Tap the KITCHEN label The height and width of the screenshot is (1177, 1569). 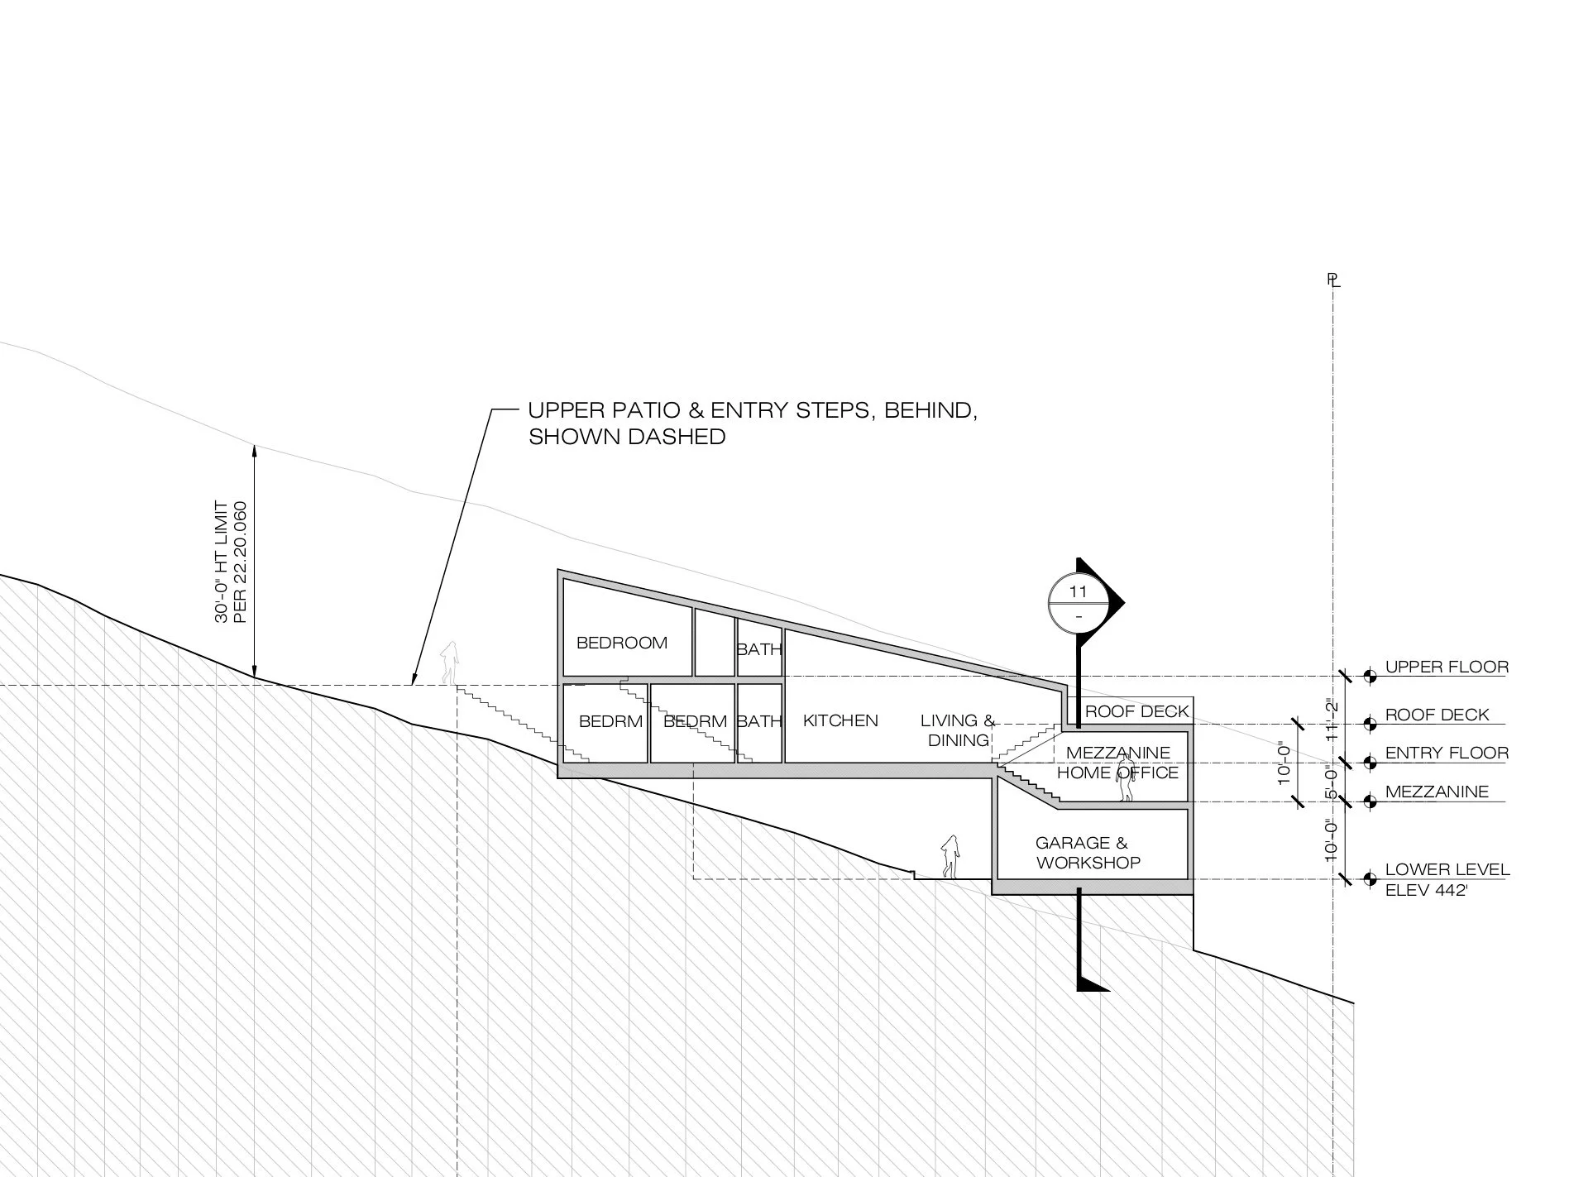point(840,720)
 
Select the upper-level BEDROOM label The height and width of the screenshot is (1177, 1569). point(621,643)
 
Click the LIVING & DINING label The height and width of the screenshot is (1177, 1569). point(958,730)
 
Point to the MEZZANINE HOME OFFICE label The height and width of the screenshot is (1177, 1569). point(1117,763)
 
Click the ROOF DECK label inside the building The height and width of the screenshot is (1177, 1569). point(1136,711)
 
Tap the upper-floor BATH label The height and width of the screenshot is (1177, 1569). point(759,649)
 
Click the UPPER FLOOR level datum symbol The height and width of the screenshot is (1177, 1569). point(1370,677)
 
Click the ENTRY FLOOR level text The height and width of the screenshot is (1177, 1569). point(1447,753)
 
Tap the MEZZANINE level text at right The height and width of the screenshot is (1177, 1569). point(1437,792)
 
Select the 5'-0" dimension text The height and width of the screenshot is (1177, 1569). point(1332,782)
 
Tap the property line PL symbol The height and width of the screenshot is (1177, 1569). point(1332,280)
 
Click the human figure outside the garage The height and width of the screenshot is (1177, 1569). point(950,856)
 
